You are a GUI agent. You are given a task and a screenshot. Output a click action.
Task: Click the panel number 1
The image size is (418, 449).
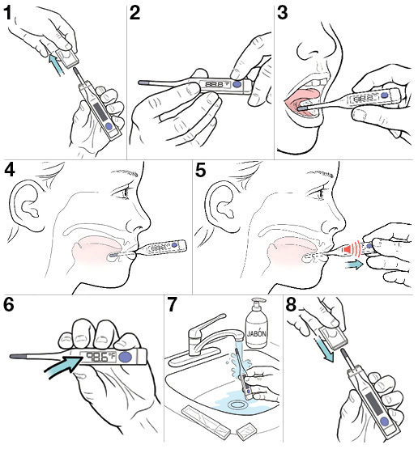coord(8,14)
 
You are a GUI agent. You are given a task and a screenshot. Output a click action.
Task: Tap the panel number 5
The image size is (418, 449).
coord(201,170)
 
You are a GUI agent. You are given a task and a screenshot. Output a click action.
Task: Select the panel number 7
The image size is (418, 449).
coord(172,304)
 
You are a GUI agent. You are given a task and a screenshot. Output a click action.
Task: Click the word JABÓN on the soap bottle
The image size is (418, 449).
coord(257,333)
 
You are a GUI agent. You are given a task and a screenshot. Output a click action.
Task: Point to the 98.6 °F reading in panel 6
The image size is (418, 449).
coord(100,357)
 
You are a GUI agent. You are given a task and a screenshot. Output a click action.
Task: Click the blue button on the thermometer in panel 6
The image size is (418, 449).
coord(125,357)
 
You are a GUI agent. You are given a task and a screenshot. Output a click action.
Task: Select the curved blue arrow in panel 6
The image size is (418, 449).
coord(64,366)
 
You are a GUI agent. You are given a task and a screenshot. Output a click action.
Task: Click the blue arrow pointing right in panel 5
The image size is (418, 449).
coord(353,265)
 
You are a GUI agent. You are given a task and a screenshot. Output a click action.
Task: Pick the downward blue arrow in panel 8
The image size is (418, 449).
coord(324,349)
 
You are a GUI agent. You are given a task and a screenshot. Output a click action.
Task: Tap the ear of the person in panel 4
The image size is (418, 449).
coord(28,205)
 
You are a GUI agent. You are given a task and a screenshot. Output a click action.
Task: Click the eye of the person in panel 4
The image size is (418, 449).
coord(124,193)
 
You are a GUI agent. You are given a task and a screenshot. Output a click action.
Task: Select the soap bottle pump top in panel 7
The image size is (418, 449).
coord(258,305)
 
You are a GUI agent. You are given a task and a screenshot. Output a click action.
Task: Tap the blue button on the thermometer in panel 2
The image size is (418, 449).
coord(237,84)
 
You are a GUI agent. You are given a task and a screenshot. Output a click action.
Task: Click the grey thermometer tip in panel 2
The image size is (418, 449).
coord(143,83)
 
